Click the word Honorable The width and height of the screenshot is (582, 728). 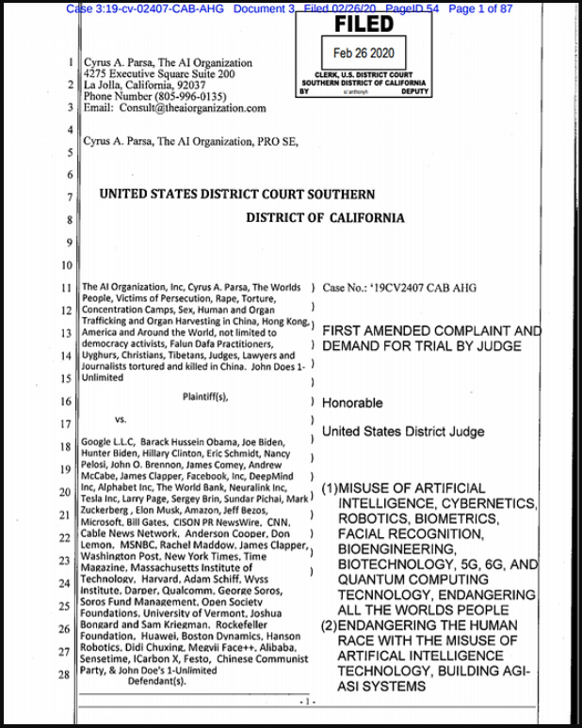(x=352, y=404)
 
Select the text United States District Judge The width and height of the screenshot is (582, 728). (x=403, y=432)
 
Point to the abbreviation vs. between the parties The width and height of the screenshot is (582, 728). (x=121, y=419)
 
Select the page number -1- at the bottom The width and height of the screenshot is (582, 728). (x=302, y=702)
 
